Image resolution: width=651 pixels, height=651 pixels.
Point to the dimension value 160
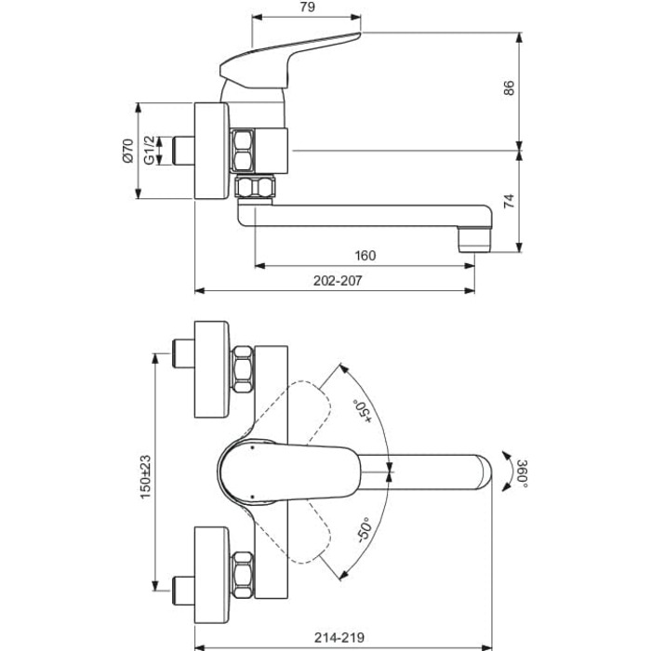pos(365,256)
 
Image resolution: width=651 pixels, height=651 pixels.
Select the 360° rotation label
pos(523,473)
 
